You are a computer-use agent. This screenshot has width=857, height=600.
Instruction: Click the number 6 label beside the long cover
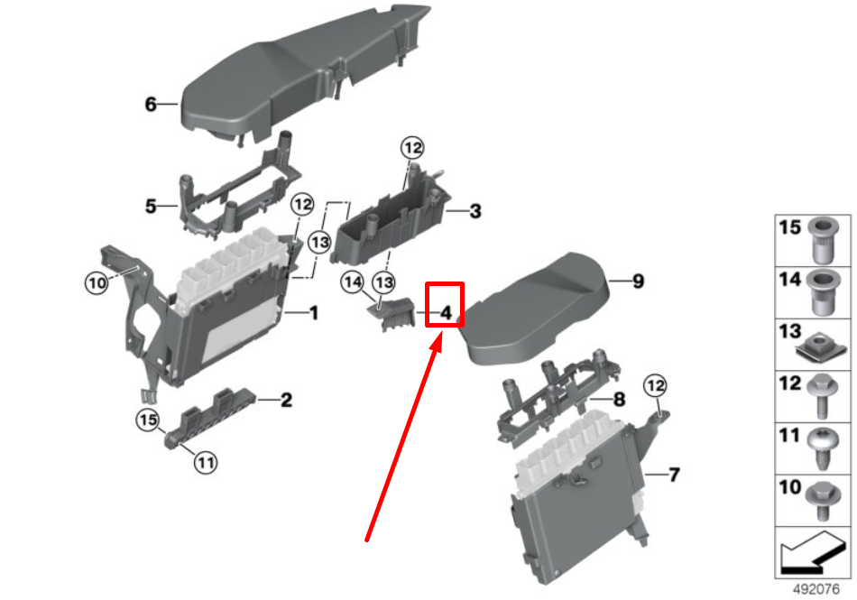coord(151,104)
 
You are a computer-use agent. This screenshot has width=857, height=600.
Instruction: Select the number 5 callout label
coord(151,206)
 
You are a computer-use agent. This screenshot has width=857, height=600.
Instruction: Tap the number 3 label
coord(475,211)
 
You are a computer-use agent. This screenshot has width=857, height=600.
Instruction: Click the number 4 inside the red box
coord(446,313)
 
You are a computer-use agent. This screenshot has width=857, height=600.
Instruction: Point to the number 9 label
coord(638,282)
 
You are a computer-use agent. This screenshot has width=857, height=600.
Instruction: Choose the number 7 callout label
coord(674,475)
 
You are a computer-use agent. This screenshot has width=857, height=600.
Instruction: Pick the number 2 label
coord(286,400)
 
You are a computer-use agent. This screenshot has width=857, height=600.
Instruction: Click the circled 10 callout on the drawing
coord(97,283)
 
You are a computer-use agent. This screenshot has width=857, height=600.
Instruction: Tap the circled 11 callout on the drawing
coord(206,463)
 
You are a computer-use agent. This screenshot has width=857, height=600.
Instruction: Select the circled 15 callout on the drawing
coord(148,420)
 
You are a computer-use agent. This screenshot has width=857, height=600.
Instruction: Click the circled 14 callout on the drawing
coord(353,282)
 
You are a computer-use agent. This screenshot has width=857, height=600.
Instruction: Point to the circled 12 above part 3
coord(412,148)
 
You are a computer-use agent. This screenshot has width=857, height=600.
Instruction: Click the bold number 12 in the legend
coord(789,383)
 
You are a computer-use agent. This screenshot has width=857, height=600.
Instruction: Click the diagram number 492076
coord(816,589)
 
